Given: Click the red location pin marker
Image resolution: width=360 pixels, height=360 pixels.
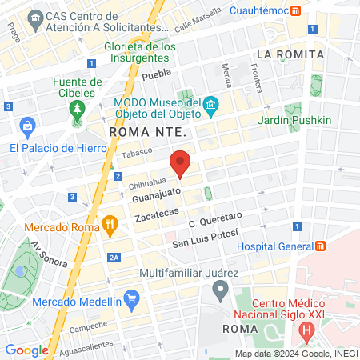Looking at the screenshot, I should point(181,164).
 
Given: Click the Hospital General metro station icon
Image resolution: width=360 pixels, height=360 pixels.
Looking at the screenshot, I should point(321,246).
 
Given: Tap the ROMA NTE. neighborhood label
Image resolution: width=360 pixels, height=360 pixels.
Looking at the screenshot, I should point(148,132).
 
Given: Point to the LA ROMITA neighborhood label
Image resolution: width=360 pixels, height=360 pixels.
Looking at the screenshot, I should point(290,54).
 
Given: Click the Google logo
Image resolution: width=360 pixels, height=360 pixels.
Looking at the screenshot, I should point(26,350).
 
